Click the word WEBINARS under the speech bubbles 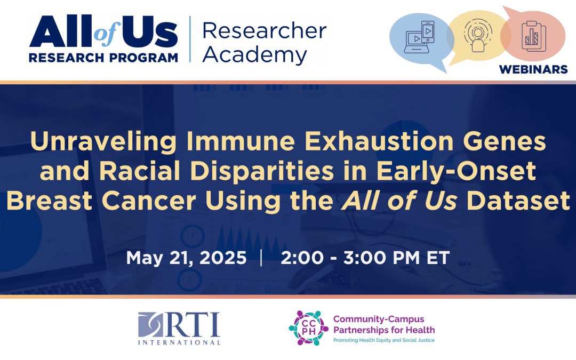click(x=533, y=69)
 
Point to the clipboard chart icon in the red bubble click(x=534, y=36)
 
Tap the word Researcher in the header click(x=264, y=30)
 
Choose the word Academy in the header click(x=254, y=55)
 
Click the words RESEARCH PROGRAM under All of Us click(x=103, y=58)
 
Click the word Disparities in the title click(x=262, y=172)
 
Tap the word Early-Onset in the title click(x=456, y=172)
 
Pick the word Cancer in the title click(x=149, y=201)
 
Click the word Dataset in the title click(x=518, y=201)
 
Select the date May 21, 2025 click(x=186, y=258)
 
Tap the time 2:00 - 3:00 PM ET click(x=365, y=258)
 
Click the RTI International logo click(x=179, y=329)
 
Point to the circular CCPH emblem click(x=309, y=328)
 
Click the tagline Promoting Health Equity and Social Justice click(x=384, y=340)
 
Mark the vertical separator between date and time click(x=261, y=258)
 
